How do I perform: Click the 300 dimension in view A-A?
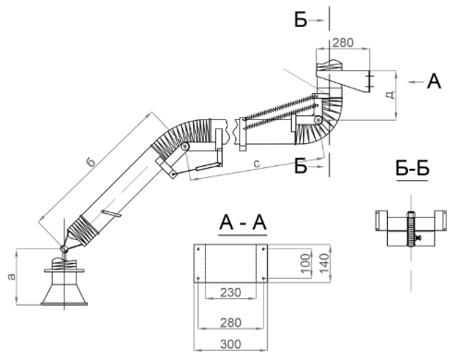pyautogui.click(x=231, y=344)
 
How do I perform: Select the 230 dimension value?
pyautogui.click(x=231, y=293)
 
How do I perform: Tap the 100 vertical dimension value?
pyautogui.click(x=306, y=263)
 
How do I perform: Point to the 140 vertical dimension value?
pyautogui.click(x=324, y=263)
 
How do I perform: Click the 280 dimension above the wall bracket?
pyautogui.click(x=343, y=42)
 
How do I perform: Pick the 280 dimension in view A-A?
pyautogui.click(x=231, y=323)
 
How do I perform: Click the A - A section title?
pyautogui.click(x=243, y=222)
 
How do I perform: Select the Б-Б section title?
pyautogui.click(x=412, y=168)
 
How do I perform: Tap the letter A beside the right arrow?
pyautogui.click(x=434, y=81)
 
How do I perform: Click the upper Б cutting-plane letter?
pyautogui.click(x=301, y=20)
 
